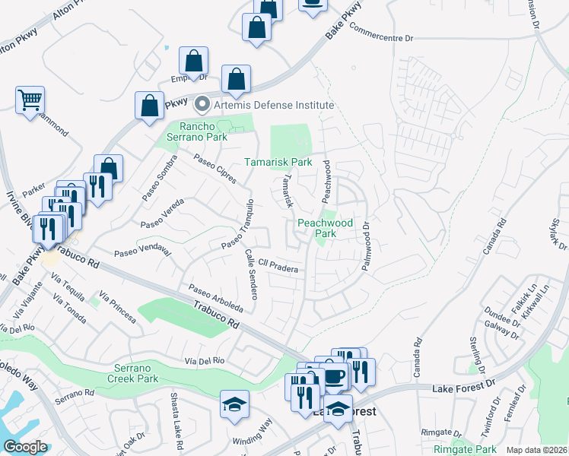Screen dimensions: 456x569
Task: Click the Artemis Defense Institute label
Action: point(274,105)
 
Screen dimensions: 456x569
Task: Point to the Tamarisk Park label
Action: point(278,163)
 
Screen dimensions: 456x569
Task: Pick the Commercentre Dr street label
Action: point(380,30)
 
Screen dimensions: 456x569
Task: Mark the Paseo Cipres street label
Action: point(214,169)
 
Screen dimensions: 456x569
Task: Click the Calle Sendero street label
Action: point(252,274)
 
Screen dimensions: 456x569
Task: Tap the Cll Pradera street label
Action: point(277,265)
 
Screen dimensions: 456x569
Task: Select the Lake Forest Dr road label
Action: point(463,389)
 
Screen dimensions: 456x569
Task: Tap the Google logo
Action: point(26,447)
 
